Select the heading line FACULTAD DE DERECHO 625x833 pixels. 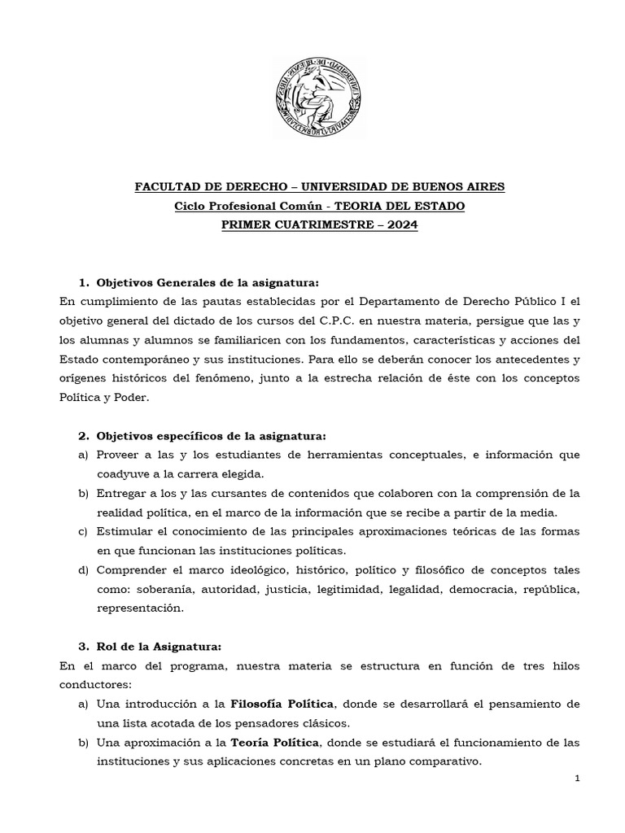pyautogui.click(x=319, y=187)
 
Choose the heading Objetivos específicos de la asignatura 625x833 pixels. pyautogui.click(x=210, y=436)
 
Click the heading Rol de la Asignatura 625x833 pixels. pyautogui.click(x=159, y=647)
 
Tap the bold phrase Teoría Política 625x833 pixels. pyautogui.click(x=276, y=743)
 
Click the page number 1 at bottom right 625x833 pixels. pyautogui.click(x=576, y=779)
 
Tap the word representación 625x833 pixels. pyautogui.click(x=140, y=608)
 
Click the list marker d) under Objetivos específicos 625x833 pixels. pyautogui.click(x=83, y=569)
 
